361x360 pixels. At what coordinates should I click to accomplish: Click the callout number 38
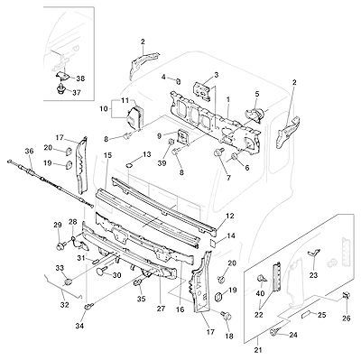(80, 78)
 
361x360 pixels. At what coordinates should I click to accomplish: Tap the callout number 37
(77, 93)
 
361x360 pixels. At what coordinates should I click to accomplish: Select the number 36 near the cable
(29, 151)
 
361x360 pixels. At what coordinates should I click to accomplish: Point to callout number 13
(146, 154)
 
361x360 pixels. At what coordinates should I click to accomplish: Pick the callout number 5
(257, 94)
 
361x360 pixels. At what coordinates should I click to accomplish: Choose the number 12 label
(229, 216)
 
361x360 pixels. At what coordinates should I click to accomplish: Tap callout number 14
(231, 235)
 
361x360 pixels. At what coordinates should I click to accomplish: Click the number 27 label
(161, 309)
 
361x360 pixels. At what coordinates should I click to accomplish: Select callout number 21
(258, 350)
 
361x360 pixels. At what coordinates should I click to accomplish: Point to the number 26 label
(347, 318)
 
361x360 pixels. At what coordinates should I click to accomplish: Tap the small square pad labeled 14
(213, 242)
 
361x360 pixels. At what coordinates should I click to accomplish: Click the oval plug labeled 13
(129, 165)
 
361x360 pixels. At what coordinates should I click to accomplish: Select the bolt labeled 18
(227, 315)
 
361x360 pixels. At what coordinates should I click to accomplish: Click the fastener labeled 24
(273, 331)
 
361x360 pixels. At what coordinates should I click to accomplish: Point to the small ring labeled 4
(178, 81)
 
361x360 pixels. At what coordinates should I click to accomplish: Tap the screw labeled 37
(61, 89)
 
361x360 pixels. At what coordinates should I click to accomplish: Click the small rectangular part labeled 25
(305, 314)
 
